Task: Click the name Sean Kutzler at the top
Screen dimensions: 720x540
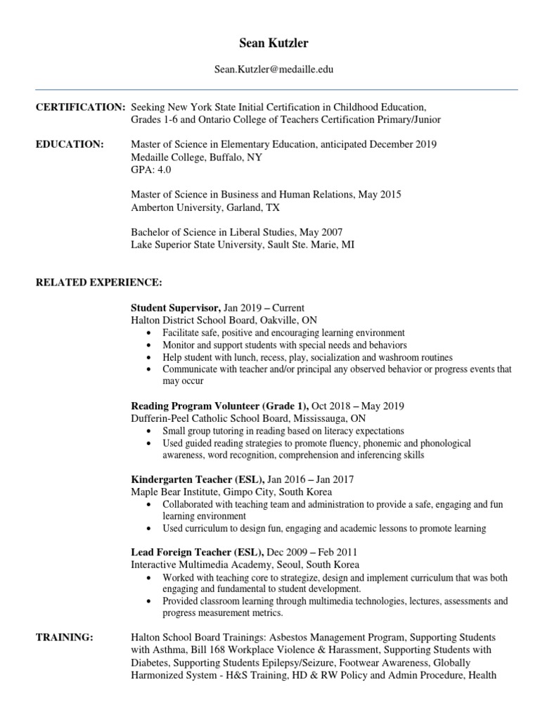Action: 269,44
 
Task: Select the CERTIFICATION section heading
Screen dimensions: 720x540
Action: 80,107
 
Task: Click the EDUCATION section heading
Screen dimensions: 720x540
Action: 70,144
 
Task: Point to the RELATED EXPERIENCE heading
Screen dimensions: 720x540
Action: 99,282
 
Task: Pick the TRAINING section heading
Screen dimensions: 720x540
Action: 65,637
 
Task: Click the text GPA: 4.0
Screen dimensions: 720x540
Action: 151,169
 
